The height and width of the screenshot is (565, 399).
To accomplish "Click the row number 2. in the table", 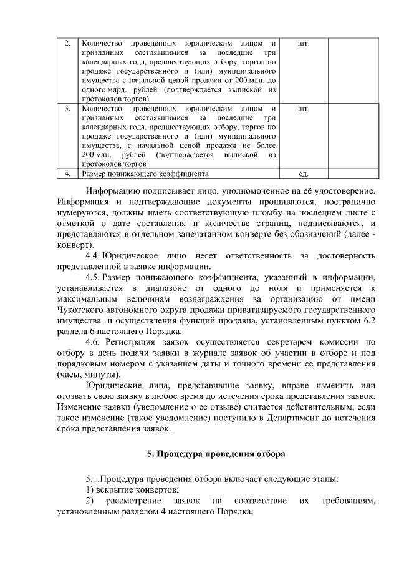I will tap(67, 44).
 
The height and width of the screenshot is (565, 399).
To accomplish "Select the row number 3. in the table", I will tap(67, 109).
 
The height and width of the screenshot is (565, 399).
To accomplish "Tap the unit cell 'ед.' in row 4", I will tap(304, 174).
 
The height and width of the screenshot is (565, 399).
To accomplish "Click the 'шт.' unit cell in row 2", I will tap(304, 44).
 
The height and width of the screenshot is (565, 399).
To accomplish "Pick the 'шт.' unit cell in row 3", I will tap(304, 109).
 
